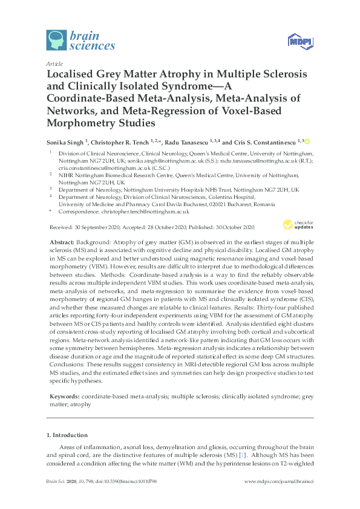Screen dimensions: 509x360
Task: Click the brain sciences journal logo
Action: tap(80, 39)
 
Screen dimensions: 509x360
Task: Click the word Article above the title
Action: tap(54, 63)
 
